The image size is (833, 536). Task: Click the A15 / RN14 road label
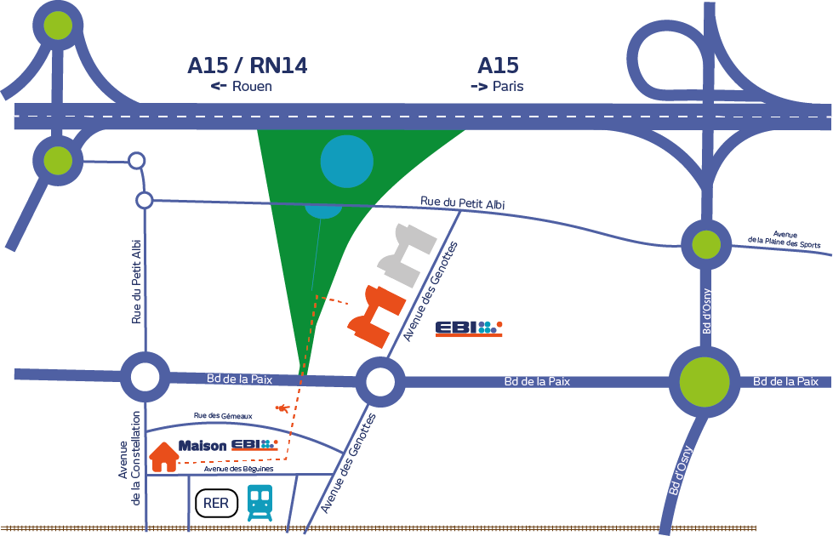tap(248, 66)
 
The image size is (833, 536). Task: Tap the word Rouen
tap(253, 86)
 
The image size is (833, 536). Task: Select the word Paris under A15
tap(508, 86)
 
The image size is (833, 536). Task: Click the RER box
tap(216, 503)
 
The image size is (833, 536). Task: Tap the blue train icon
tap(260, 502)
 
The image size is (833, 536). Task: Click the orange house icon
tap(164, 457)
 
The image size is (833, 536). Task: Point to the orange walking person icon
tap(282, 408)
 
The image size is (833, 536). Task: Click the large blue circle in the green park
tap(347, 161)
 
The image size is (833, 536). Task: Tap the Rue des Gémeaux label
tap(223, 416)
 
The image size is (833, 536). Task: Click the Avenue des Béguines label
tap(238, 469)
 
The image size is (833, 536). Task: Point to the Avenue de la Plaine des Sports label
tap(785, 240)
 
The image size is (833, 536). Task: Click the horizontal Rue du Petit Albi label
tap(463, 202)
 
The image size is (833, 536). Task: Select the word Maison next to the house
tap(203, 446)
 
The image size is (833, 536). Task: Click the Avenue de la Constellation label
tap(130, 458)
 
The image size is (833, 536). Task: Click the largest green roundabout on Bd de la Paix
tap(705, 381)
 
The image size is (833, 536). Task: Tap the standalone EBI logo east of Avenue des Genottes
tap(469, 328)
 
